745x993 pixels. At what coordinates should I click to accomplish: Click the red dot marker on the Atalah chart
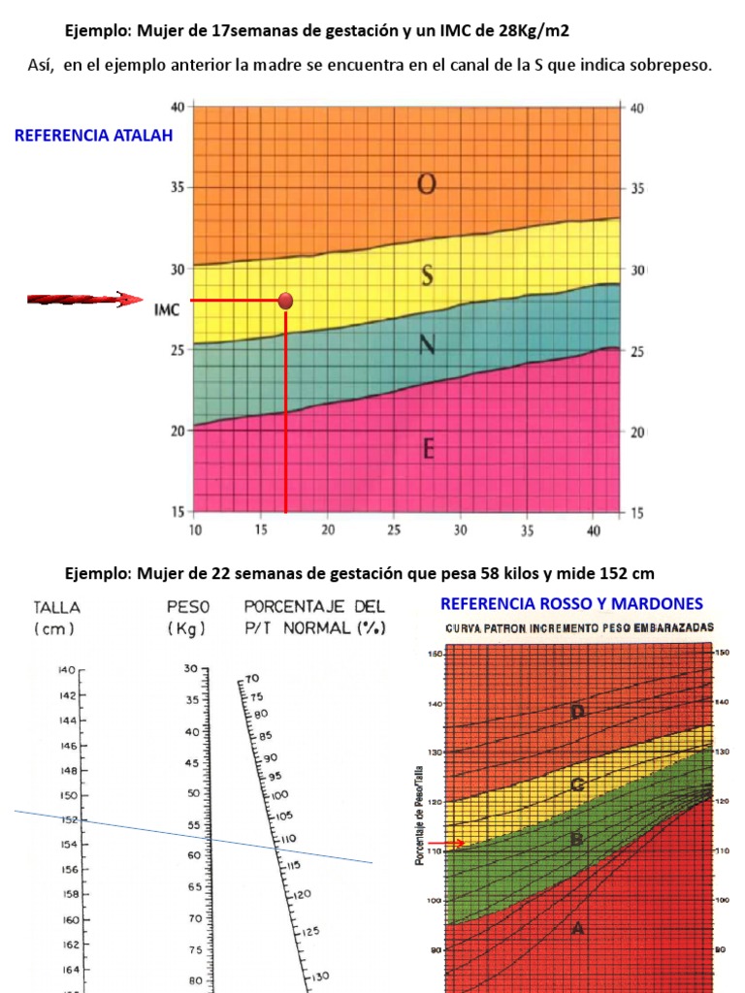285,301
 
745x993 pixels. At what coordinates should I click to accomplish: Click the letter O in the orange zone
426,184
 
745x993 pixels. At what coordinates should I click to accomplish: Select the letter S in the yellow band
427,276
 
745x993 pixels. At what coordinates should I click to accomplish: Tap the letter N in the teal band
426,344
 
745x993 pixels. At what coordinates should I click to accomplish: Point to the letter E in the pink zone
428,449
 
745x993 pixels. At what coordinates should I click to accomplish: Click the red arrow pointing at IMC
83,300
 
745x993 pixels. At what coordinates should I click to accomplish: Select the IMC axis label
166,310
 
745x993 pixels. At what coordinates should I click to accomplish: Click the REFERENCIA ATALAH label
93,136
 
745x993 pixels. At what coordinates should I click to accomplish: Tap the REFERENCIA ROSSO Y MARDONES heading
572,604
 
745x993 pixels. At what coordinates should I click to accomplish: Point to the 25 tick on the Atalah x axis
394,530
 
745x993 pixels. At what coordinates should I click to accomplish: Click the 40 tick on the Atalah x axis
593,530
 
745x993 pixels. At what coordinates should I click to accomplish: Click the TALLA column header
57,607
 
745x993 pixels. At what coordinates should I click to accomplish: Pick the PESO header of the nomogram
189,607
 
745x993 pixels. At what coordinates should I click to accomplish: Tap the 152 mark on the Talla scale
67,820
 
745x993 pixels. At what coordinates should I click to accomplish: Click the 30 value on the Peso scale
189,670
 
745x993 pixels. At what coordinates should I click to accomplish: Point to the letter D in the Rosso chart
578,713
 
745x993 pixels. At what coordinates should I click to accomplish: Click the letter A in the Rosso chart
578,928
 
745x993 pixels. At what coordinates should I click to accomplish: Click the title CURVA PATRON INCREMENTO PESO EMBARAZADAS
579,627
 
